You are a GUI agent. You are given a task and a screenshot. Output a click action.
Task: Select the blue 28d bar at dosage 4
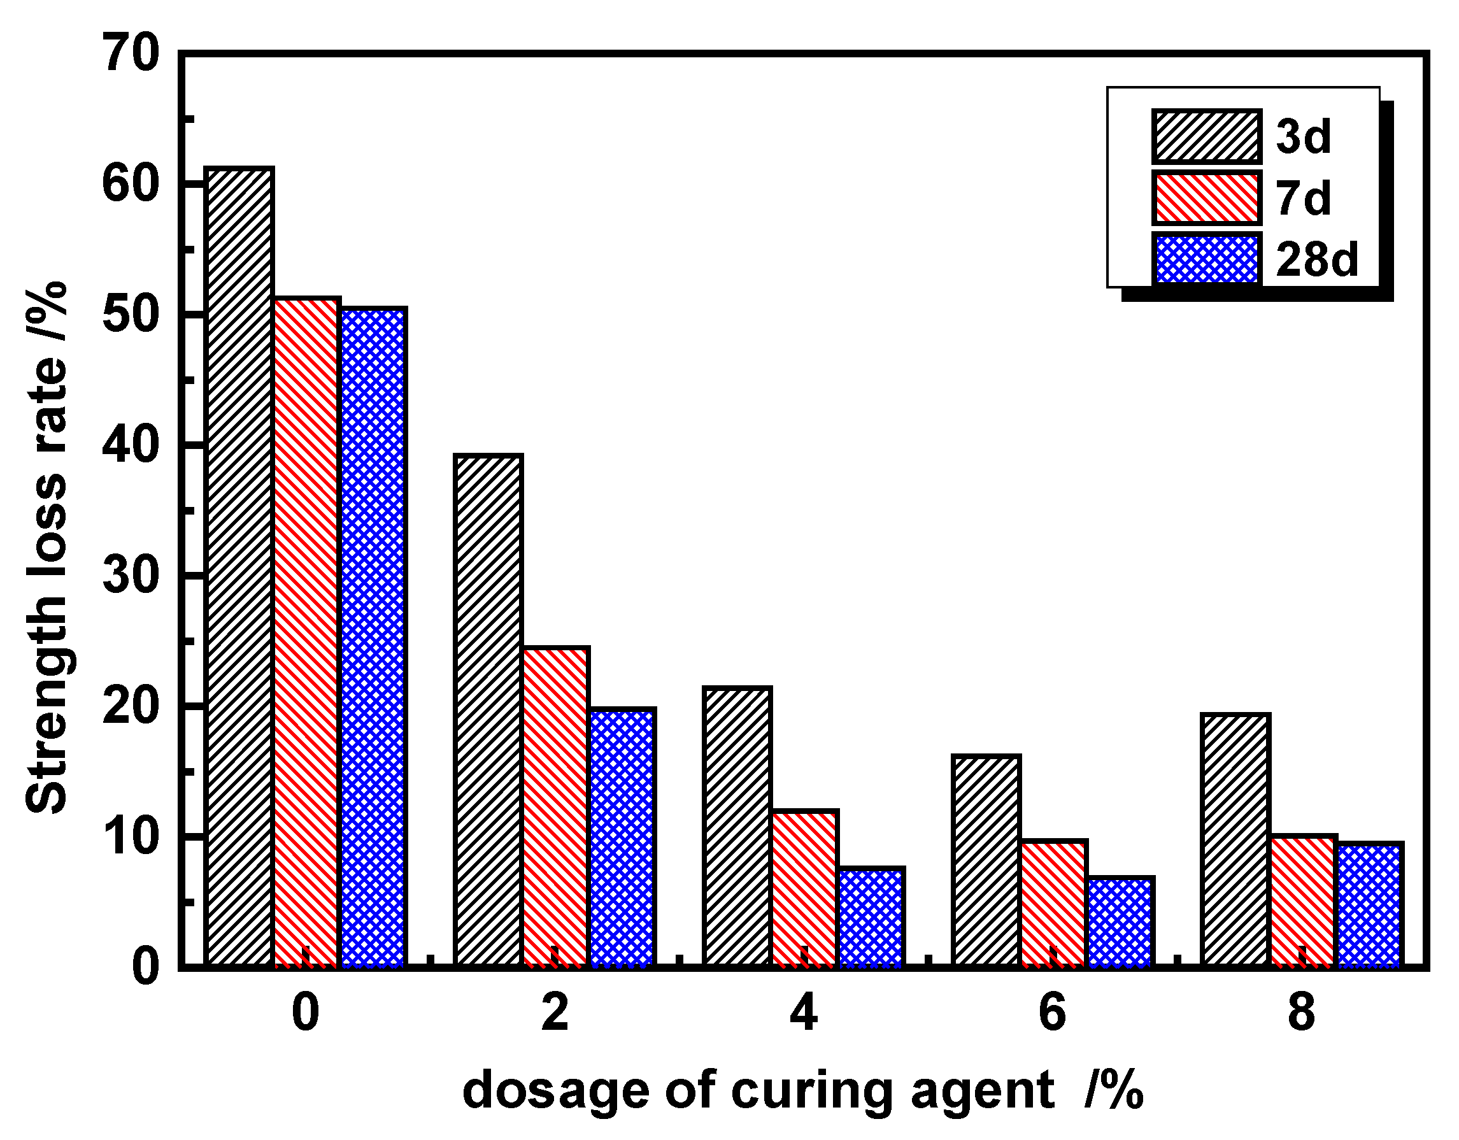point(871,917)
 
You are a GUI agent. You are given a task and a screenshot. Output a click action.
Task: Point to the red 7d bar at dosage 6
point(1053,904)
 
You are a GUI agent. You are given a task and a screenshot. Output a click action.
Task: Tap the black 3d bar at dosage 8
point(1235,840)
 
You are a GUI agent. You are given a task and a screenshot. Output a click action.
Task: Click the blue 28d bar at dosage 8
point(1369,905)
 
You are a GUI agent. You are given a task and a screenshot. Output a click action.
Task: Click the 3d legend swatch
point(1206,136)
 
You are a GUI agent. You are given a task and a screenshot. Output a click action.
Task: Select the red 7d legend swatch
point(1206,198)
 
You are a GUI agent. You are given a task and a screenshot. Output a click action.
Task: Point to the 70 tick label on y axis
point(131,53)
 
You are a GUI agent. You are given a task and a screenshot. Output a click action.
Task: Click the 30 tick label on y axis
point(131,576)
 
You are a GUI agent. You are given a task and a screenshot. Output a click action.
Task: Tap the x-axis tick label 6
point(1053,1014)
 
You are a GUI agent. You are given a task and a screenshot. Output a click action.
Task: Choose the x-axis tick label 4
point(804,1014)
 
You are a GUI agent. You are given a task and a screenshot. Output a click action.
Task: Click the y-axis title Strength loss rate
point(46,548)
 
